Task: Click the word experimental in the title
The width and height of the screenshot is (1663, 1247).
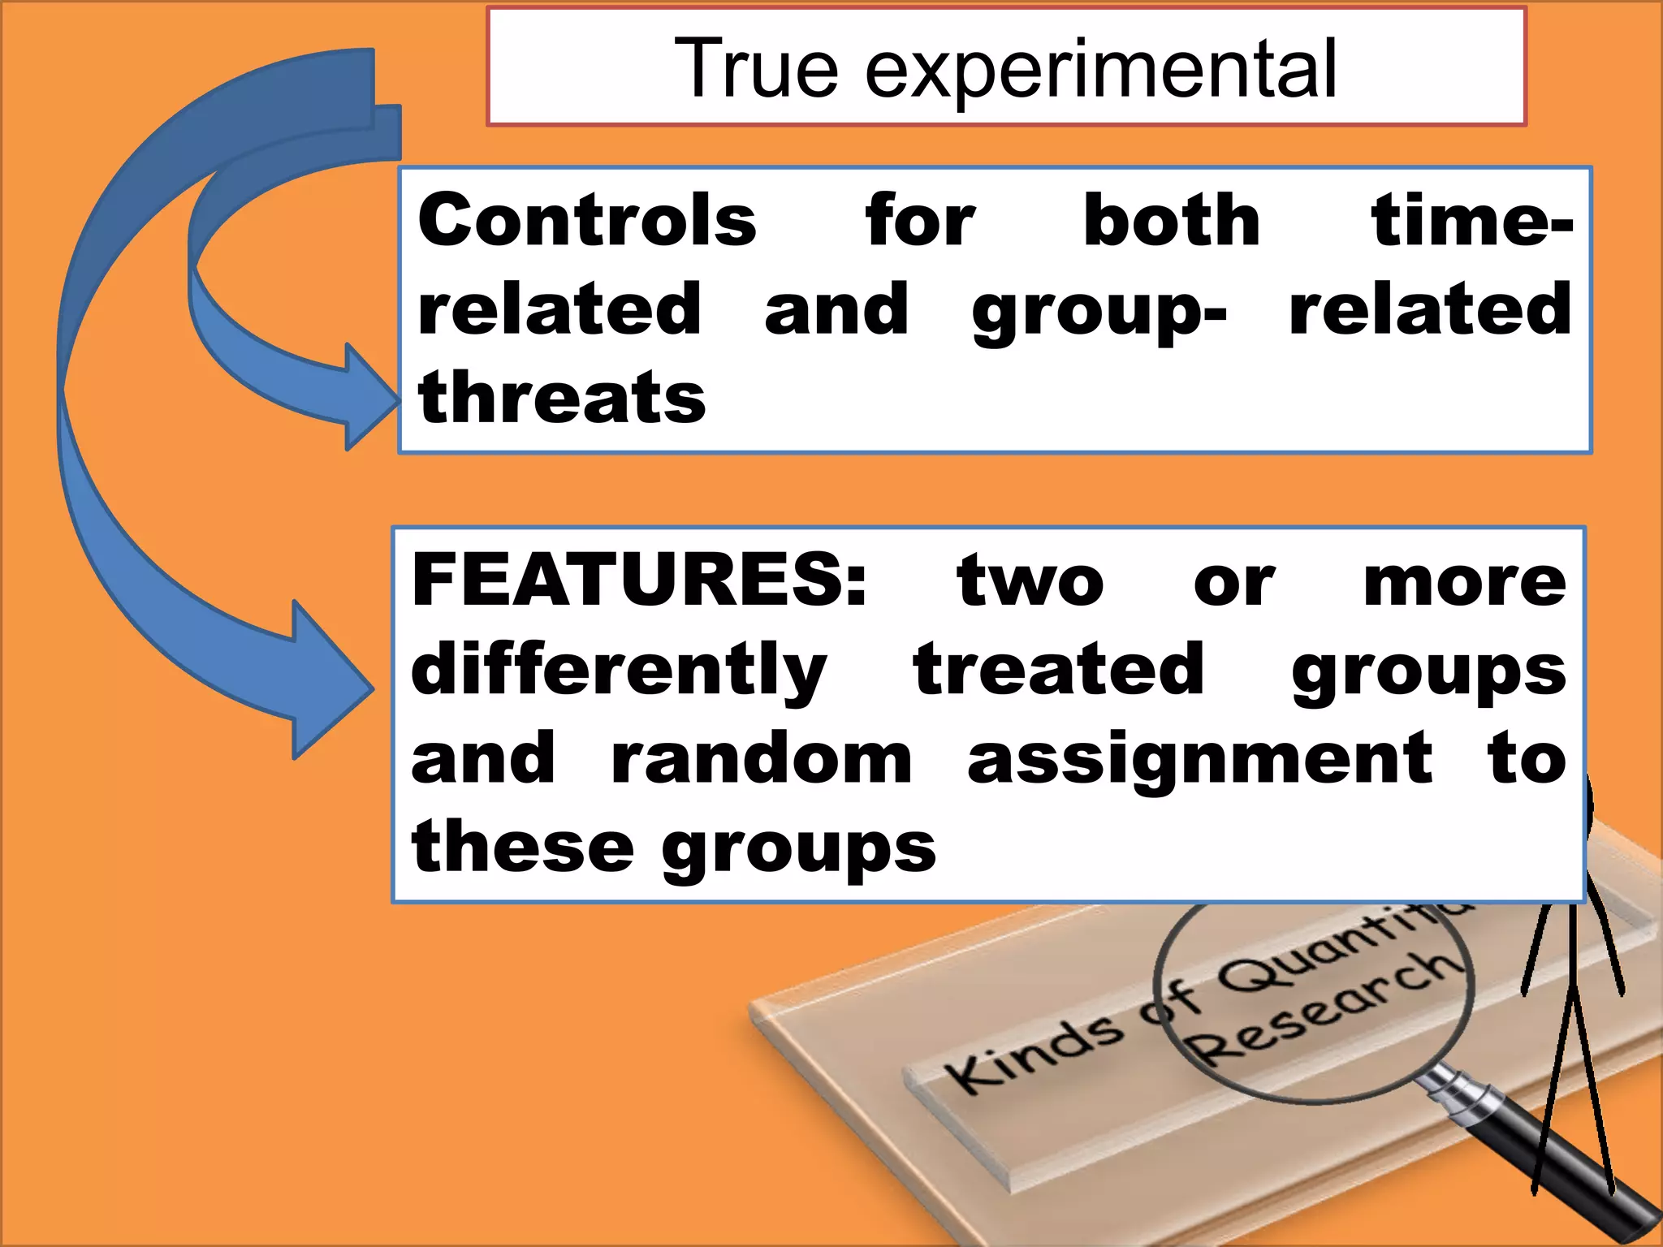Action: coord(1100,71)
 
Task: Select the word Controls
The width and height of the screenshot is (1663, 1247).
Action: coord(587,220)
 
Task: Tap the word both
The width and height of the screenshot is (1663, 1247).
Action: coord(1172,220)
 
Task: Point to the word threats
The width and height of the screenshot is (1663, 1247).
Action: coord(562,398)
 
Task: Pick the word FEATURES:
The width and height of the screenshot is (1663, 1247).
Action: coord(640,580)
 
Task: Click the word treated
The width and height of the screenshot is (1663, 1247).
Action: coord(1058,669)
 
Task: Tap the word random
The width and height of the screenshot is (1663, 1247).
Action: coord(762,758)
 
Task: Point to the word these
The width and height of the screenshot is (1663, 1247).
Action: coord(522,847)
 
